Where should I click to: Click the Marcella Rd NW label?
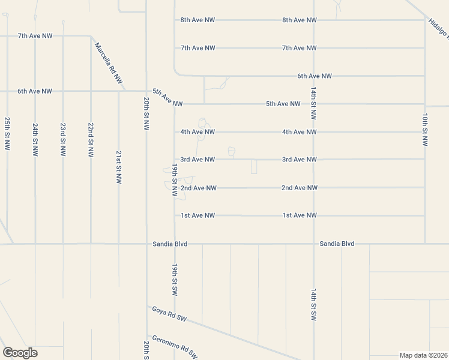108,63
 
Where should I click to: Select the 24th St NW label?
35,140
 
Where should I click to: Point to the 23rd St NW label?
63,140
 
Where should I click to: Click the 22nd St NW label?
91,140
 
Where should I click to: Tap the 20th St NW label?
146,113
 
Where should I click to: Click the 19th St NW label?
175,180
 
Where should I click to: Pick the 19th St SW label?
175,280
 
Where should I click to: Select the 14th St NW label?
313,104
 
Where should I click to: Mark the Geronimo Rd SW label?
175,346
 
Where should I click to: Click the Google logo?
20,353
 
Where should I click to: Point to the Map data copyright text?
423,355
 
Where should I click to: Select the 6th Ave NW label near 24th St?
34,91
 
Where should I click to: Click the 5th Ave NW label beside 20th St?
167,98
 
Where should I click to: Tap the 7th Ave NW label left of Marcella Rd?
35,36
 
